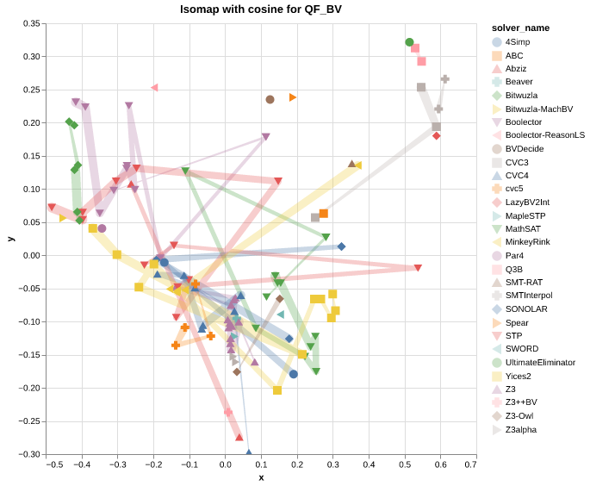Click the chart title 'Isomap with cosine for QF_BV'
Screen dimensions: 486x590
point(261,9)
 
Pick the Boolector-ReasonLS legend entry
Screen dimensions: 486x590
point(544,135)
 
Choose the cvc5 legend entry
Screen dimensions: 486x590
point(514,189)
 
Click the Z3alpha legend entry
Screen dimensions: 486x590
point(521,429)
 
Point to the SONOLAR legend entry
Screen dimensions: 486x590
point(525,308)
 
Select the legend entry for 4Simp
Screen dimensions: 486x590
point(517,41)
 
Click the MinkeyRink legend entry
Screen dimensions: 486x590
point(528,242)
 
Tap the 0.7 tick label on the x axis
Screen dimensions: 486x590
point(470,465)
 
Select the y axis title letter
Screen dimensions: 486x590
point(10,239)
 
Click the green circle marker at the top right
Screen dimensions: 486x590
point(410,42)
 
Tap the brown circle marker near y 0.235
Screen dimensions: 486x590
point(270,100)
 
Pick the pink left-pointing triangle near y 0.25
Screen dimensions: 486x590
point(154,88)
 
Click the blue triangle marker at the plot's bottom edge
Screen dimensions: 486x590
point(249,452)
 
